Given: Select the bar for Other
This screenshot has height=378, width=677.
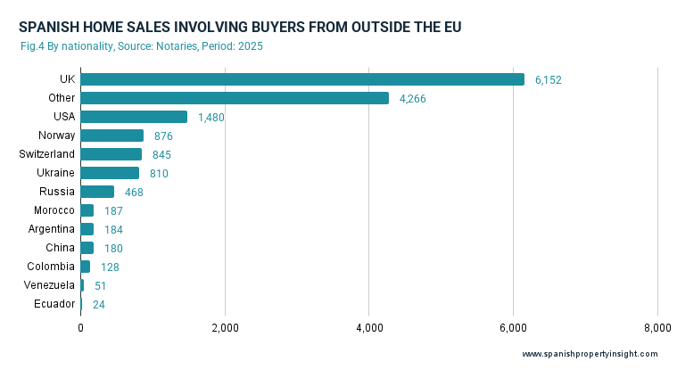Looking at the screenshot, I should click(x=234, y=98).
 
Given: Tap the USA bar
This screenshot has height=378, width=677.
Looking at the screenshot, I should click(x=134, y=117).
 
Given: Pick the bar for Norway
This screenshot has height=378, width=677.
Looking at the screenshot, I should click(x=111, y=136).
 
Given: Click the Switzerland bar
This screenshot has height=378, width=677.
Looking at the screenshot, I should click(x=111, y=154).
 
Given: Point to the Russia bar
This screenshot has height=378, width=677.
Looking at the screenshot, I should click(x=97, y=192).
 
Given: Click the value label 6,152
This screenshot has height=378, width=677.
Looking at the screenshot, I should click(x=549, y=80).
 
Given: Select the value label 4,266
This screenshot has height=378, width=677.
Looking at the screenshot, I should click(x=413, y=99).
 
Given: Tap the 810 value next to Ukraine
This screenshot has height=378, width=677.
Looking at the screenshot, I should click(x=159, y=174).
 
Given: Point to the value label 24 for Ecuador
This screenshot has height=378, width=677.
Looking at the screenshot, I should click(x=98, y=305).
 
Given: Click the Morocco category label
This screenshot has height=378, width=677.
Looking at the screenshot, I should click(x=54, y=210).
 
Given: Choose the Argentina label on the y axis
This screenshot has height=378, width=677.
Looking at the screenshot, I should click(x=52, y=229).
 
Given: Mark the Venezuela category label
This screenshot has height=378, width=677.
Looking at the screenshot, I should click(x=50, y=285).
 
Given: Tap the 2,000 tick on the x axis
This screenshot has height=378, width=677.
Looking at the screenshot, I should click(x=225, y=327).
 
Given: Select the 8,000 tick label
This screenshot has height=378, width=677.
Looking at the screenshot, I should click(x=657, y=327).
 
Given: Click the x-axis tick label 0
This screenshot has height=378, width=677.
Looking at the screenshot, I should click(x=80, y=327).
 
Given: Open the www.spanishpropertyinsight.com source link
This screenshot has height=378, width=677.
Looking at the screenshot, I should click(x=590, y=354).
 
